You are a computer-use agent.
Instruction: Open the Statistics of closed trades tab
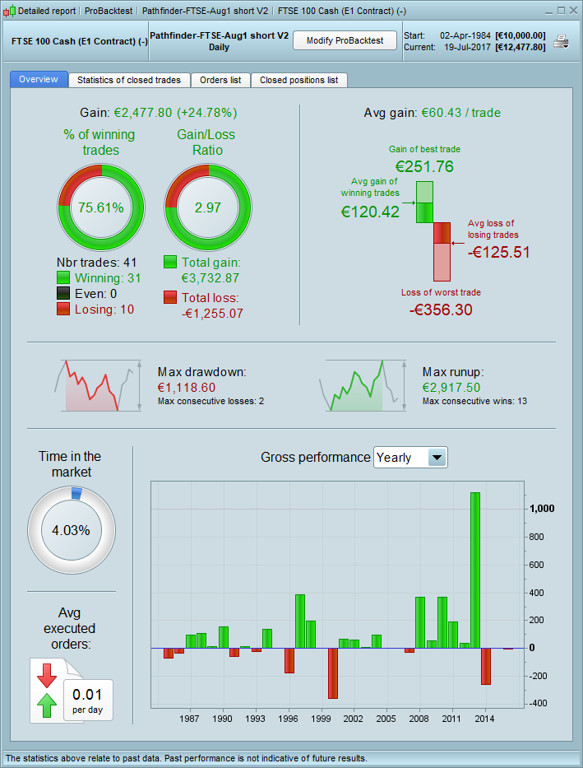click(x=128, y=80)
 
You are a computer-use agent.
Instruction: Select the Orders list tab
click(x=220, y=80)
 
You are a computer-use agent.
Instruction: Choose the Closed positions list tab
click(x=298, y=80)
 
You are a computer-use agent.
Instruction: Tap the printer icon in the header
click(x=561, y=41)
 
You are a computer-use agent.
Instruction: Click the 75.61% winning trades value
click(x=101, y=207)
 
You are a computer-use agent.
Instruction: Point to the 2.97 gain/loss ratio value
click(x=208, y=207)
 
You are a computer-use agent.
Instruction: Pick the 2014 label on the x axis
click(x=485, y=719)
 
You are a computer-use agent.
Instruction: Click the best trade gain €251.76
click(x=424, y=166)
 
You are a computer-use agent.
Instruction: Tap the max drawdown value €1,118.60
click(x=186, y=387)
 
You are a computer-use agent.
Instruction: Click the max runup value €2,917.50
click(x=451, y=387)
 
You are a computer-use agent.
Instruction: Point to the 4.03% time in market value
click(x=71, y=530)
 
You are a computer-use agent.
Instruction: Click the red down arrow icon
click(x=47, y=675)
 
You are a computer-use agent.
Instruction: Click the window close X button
click(x=572, y=11)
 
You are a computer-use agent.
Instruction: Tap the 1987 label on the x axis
click(x=190, y=719)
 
